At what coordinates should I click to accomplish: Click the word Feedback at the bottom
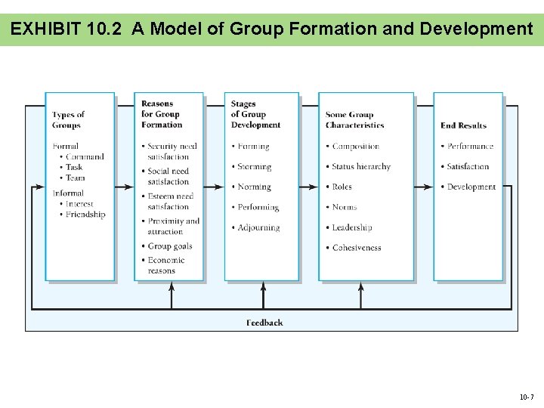click(x=264, y=323)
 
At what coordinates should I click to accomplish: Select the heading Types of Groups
click(x=68, y=120)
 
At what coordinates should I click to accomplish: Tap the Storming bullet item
click(x=254, y=167)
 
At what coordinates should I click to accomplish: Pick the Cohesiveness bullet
click(x=356, y=248)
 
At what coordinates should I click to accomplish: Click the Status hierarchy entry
click(x=361, y=167)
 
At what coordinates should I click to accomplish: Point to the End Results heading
click(x=463, y=125)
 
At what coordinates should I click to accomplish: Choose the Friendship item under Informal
click(x=85, y=215)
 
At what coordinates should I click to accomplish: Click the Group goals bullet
click(x=169, y=246)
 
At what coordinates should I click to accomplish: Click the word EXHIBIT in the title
click(x=46, y=29)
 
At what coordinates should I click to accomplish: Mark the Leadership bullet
click(x=351, y=227)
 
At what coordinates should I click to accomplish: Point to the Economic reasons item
click(x=165, y=265)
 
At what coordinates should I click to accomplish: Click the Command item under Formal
click(x=84, y=157)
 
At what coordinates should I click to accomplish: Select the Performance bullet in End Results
click(x=470, y=147)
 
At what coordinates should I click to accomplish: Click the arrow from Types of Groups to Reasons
click(x=125, y=187)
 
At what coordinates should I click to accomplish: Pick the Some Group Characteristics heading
click(x=354, y=120)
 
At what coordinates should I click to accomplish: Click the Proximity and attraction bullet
click(x=173, y=226)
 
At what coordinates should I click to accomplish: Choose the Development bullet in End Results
click(x=471, y=187)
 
